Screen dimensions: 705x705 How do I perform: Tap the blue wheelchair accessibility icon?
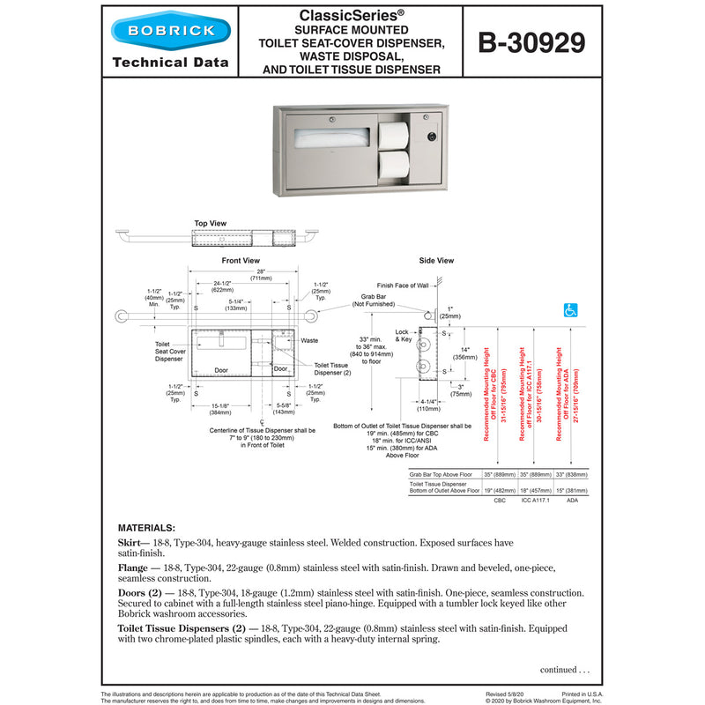click(570, 310)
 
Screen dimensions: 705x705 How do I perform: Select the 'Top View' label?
click(211, 224)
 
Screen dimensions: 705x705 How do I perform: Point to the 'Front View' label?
click(241, 261)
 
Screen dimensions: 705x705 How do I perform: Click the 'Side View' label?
click(436, 261)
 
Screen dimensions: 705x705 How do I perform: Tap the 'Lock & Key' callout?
click(404, 336)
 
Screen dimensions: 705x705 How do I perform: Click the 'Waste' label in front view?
click(309, 340)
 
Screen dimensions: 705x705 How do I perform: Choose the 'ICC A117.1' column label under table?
click(535, 500)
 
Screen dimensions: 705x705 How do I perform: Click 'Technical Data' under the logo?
click(170, 63)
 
